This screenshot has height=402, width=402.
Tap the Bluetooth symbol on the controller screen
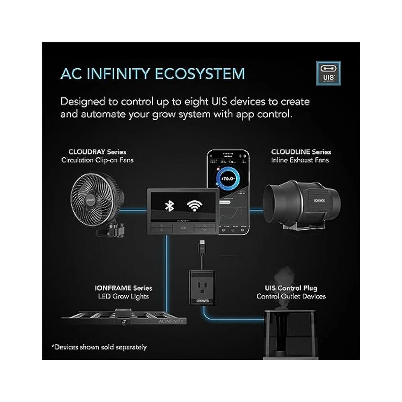tap(169, 206)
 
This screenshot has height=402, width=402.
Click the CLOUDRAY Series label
tap(98, 152)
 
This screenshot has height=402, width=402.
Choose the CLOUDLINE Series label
tap(301, 152)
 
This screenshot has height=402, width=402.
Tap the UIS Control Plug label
tap(291, 288)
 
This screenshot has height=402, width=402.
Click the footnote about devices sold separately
tap(99, 347)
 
